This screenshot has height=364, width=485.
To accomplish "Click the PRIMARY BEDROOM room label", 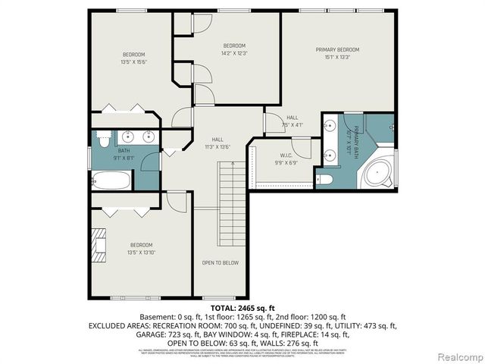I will pos(337,49).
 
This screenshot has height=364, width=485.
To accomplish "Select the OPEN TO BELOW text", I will pos(220,262).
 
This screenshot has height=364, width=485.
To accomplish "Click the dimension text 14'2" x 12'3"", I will pos(234,53).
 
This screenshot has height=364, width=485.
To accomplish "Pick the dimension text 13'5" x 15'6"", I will pos(134,61).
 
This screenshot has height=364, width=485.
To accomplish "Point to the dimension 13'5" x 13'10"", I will pos(141,253).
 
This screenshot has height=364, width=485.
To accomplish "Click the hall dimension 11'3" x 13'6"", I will pos(217,147).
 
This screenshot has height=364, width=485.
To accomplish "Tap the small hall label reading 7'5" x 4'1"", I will pos(292,125).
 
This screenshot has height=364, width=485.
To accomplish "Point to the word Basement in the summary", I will pos(155,316).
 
